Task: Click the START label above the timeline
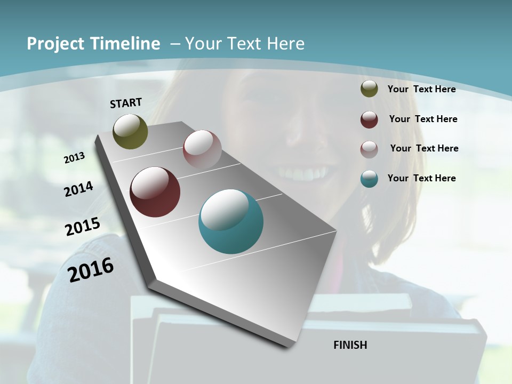tap(126, 103)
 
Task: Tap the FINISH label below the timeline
tap(350, 345)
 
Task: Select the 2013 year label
tap(75, 157)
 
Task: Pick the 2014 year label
tap(79, 189)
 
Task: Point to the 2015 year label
tap(83, 227)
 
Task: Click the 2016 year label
tap(91, 269)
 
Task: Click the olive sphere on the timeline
tap(130, 131)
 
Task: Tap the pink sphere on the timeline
tap(202, 149)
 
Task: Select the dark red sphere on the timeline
tap(155, 192)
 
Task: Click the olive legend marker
tap(369, 89)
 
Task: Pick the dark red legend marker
tap(369, 119)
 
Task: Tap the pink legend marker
tap(369, 149)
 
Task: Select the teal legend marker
tap(369, 179)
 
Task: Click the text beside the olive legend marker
tap(421, 89)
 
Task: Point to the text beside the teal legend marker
tap(421, 178)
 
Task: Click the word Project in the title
tap(54, 44)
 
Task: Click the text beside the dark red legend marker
tap(423, 119)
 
